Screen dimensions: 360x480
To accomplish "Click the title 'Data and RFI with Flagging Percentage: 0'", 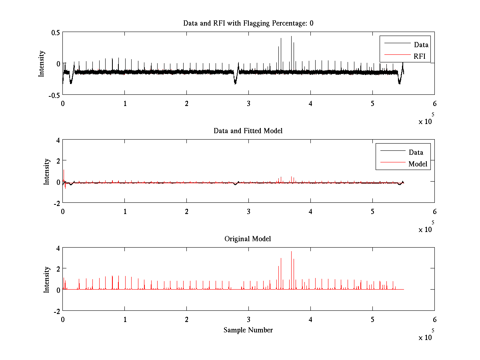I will tap(248, 23).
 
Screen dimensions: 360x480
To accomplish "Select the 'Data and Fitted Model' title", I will tap(248, 131).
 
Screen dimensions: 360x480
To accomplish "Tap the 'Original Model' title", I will tap(248, 239).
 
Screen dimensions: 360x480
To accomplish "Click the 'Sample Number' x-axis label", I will tap(248, 330).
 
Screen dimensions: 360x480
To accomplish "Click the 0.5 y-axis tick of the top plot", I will tap(55, 32).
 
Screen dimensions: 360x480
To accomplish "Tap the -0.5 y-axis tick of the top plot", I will tap(54, 95).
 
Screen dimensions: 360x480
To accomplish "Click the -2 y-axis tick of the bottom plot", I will tap(56, 311).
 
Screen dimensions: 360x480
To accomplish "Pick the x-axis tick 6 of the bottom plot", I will tap(434, 320).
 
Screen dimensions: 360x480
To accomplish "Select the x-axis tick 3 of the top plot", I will tap(248, 104).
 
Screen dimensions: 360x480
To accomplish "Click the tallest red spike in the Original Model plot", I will tap(291, 252).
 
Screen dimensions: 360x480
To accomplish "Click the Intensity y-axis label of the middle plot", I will tap(47, 172).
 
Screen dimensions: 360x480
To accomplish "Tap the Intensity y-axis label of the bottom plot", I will tap(47, 280).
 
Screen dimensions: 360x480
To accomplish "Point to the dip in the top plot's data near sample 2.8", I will tap(235, 82).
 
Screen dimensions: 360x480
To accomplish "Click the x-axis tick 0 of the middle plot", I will tap(63, 212).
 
